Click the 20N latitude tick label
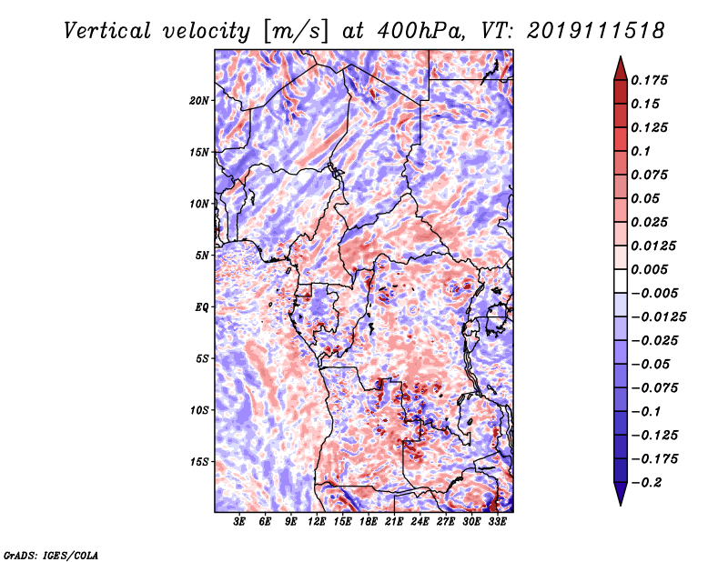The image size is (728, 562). coord(199,101)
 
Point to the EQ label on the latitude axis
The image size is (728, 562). coord(202,307)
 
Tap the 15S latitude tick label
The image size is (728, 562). coord(199,462)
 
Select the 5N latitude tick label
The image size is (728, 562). coord(202,256)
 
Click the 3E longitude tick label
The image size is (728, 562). coord(239,522)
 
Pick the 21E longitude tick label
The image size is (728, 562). coord(394,522)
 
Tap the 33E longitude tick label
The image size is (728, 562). coord(497,522)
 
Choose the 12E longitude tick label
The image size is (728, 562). coord(316,522)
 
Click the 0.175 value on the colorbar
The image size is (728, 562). coord(649,80)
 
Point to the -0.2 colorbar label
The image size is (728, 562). coord(646,483)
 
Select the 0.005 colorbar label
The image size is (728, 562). coord(649,269)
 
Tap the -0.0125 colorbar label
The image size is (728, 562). coord(658,317)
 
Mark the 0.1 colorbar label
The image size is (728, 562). coord(641,151)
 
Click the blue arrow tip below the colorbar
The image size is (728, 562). coord(621,505)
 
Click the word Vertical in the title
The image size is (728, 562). coord(107,31)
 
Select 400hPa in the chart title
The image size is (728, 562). coord(420,31)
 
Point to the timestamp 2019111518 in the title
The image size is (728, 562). coord(595,31)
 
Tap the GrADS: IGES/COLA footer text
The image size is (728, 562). coord(51,555)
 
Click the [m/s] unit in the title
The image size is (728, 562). coord(296,32)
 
